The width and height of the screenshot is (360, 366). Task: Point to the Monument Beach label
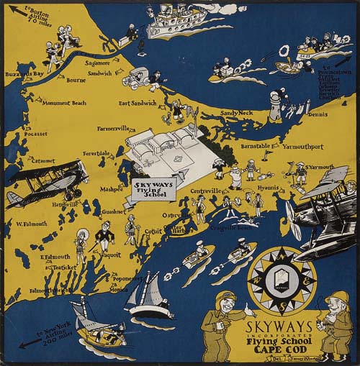(x=63, y=104)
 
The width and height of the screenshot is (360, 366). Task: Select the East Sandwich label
(x=138, y=104)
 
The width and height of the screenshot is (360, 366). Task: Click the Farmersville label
(x=116, y=129)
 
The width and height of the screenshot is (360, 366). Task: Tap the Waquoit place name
(x=109, y=255)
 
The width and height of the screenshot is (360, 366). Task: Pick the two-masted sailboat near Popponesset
(x=148, y=295)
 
